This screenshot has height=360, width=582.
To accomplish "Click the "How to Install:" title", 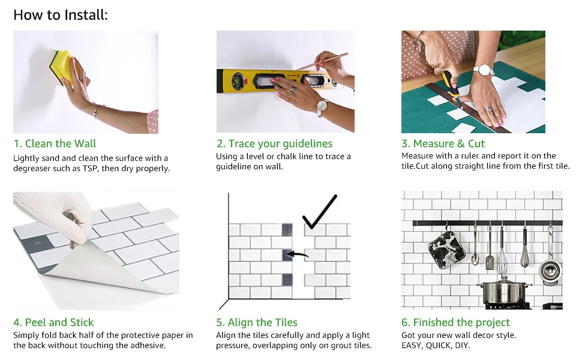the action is click(x=61, y=15).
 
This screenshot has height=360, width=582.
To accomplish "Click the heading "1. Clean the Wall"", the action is click(x=55, y=143).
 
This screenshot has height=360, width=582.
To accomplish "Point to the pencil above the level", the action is click(x=323, y=61).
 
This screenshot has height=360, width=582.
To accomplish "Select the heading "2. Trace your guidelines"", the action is click(x=275, y=143).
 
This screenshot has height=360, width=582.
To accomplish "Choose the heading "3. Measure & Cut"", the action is click(x=443, y=143).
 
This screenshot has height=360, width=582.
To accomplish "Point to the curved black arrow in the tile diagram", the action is click(x=298, y=254).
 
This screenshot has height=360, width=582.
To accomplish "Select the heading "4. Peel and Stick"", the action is click(x=53, y=322).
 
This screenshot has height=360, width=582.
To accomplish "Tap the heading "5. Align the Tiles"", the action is click(x=257, y=322).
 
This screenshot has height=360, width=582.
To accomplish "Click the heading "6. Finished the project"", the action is click(x=456, y=322).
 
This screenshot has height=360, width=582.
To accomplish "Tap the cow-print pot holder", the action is click(x=446, y=247).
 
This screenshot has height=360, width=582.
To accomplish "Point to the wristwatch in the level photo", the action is click(x=322, y=107).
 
